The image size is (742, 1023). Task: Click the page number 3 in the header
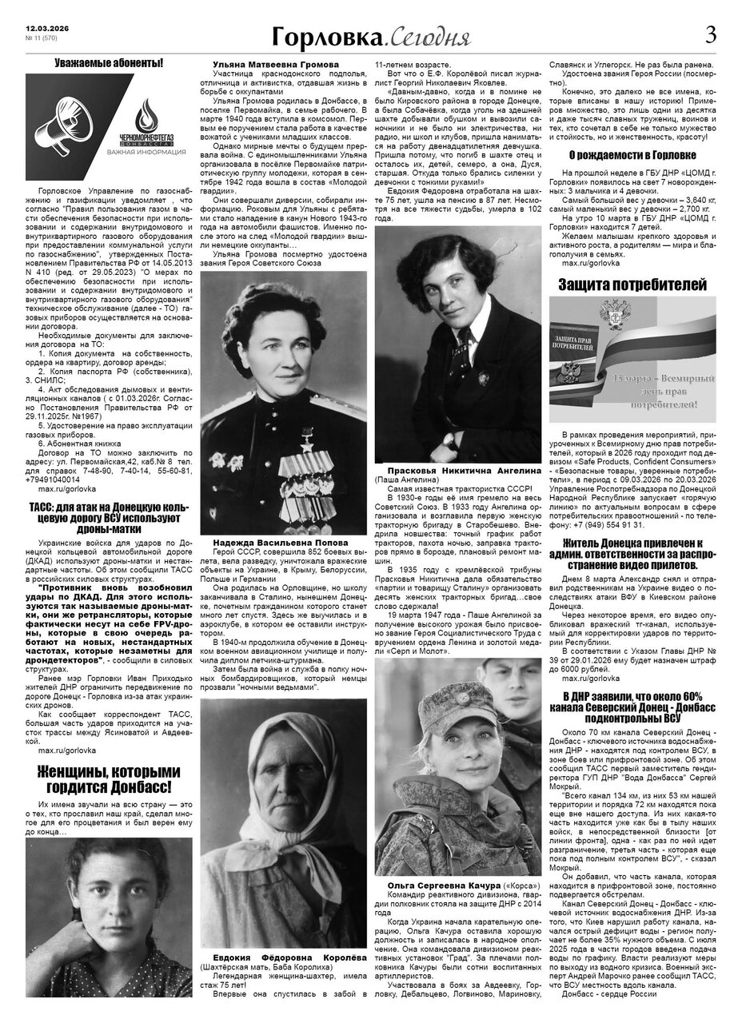pos(710,34)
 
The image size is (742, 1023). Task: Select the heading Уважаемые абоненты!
pos(108,62)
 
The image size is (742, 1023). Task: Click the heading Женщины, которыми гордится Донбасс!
pos(109,780)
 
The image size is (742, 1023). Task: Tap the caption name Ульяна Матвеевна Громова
pos(265,64)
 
